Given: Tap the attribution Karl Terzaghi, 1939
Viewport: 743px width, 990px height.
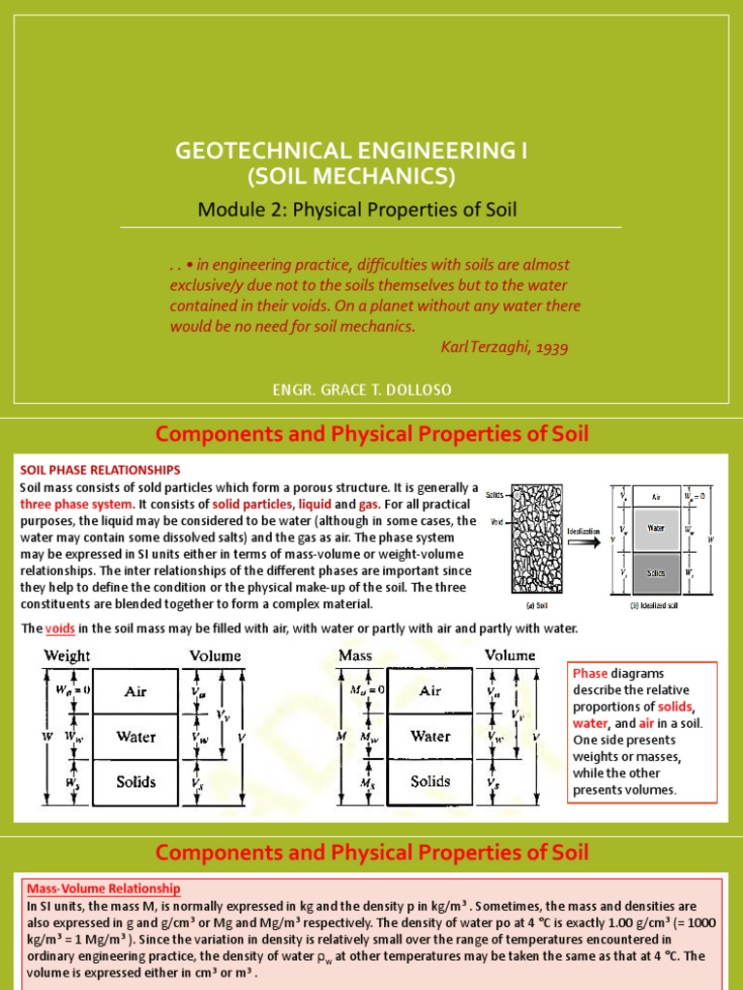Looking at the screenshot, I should point(505,346).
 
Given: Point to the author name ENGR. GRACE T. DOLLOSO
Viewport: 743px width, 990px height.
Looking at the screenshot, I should point(371,389).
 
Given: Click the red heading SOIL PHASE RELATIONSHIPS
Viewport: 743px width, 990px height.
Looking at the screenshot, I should point(100,470).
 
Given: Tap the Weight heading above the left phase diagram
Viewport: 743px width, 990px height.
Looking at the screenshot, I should point(67,655).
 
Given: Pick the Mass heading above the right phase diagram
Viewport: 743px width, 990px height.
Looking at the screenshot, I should point(355,655).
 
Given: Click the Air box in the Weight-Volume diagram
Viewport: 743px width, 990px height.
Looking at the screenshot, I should point(135,691).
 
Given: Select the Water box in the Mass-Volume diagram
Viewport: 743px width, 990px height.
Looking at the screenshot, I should point(431,737).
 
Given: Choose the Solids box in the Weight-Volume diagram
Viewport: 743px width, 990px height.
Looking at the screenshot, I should point(135,781).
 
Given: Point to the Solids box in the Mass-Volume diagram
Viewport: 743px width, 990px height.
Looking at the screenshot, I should point(431,781).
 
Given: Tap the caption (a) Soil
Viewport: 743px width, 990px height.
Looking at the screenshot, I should point(526,604).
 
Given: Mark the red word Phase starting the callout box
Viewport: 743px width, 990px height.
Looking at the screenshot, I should point(590,673).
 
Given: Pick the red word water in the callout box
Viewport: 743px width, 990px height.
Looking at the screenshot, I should point(589,723).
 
